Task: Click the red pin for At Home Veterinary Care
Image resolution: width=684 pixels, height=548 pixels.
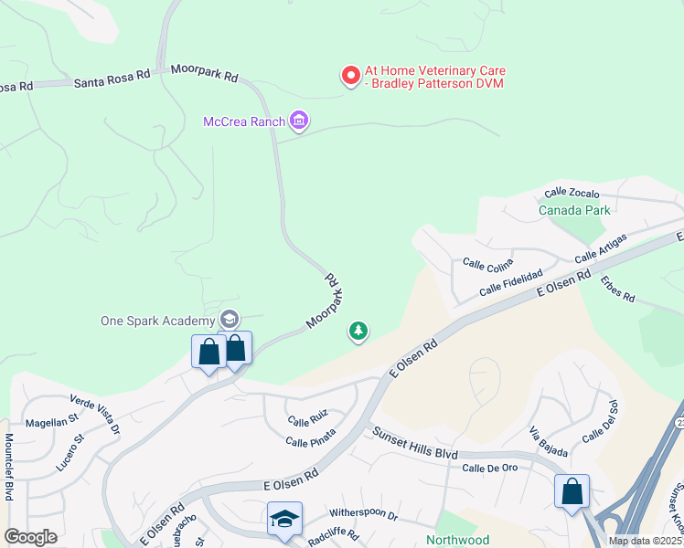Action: point(350,76)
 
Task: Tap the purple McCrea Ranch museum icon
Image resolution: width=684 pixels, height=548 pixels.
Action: point(298,120)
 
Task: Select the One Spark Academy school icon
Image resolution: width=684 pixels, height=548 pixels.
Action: point(229,320)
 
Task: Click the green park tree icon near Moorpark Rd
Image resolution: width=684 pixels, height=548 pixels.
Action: point(358,331)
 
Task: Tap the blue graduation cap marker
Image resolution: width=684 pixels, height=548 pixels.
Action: point(284,520)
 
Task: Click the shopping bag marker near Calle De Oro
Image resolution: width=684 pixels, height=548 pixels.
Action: point(572,492)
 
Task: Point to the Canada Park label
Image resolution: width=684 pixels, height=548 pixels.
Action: point(573,210)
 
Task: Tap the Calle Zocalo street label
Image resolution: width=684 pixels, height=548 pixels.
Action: point(572,194)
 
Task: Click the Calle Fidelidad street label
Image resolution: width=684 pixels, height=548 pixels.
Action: point(510,283)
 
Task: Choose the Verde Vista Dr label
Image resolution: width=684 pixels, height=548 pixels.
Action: point(95,413)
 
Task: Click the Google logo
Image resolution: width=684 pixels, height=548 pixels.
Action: point(31,537)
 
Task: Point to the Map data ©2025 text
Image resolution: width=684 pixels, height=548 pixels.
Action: point(645,541)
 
